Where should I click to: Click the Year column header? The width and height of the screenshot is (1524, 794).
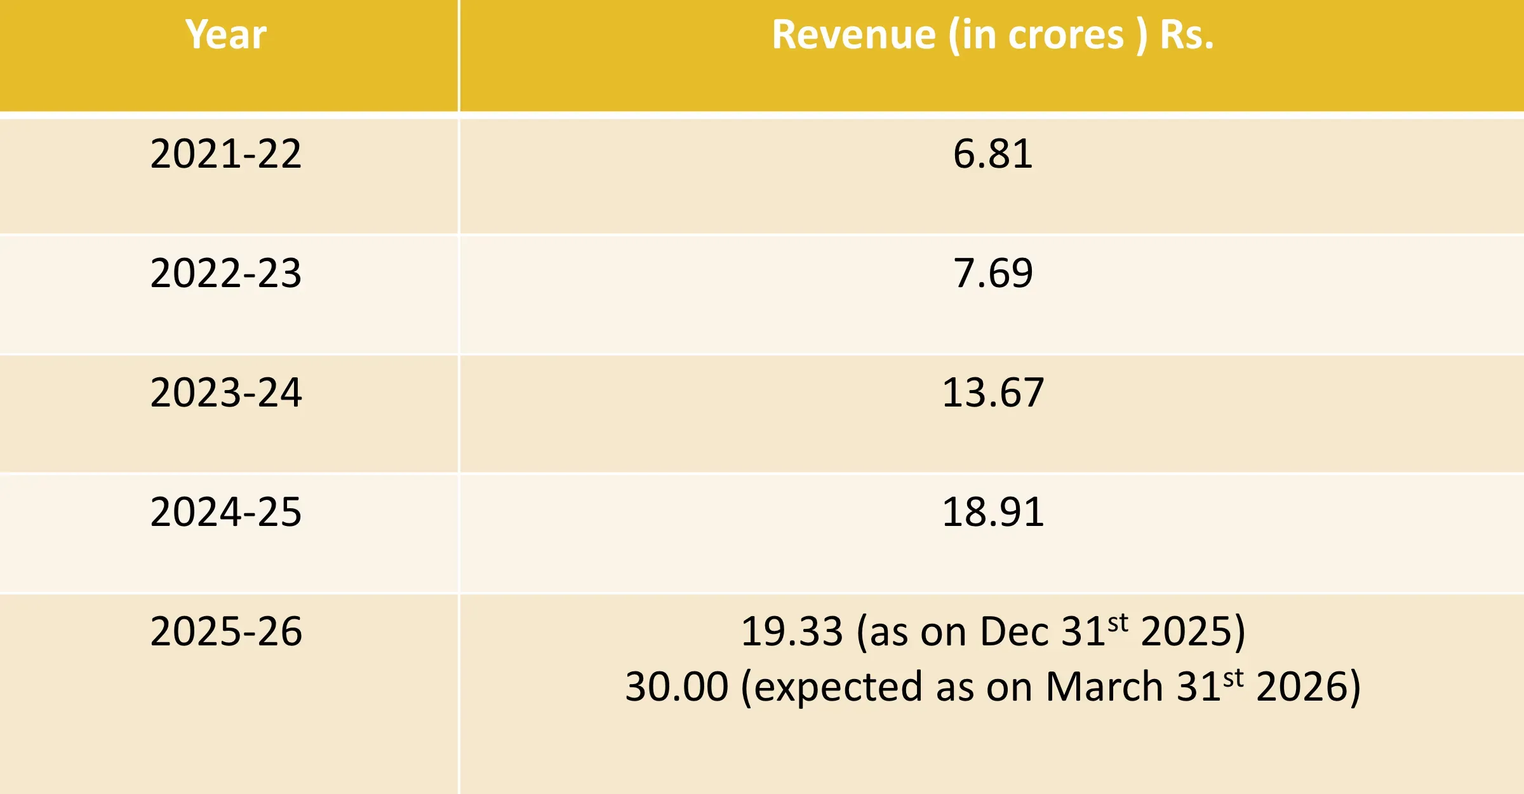226,34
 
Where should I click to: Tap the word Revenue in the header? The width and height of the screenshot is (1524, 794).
853,34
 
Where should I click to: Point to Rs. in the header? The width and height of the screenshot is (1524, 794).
1186,34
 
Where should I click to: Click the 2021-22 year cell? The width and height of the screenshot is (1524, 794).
226,154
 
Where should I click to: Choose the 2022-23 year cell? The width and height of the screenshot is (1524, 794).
226,273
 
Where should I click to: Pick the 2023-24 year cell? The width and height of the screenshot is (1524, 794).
226,392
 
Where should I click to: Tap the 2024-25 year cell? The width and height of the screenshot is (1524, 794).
226,511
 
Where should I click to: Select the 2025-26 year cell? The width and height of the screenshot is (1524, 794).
226,631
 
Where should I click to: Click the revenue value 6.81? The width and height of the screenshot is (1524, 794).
993,154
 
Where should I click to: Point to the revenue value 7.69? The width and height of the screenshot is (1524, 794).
993,273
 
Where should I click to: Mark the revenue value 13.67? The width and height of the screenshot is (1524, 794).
993,392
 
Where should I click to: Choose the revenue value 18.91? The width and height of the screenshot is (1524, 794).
993,511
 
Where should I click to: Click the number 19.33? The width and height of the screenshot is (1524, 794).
792,631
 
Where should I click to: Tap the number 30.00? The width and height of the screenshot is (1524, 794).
676,687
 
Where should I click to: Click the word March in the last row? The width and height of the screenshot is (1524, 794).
1104,687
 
